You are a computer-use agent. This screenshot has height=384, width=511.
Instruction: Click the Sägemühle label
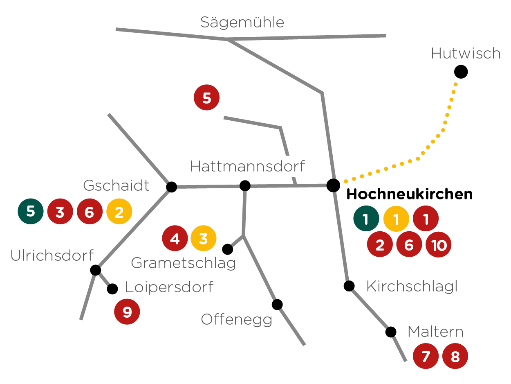pos(242,22)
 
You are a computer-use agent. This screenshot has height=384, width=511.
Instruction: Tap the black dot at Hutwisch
pos(461,72)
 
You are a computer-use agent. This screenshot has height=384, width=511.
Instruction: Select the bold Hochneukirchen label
pos(409,194)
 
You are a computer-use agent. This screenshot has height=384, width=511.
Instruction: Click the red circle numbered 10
pos(438,245)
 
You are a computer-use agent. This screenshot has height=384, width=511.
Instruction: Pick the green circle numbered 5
pos(31,211)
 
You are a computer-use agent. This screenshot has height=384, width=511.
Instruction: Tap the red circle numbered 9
pos(127,312)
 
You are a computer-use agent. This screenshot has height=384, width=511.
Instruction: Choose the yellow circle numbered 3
pos(203,238)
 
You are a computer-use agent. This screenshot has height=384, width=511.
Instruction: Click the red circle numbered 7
pos(426,357)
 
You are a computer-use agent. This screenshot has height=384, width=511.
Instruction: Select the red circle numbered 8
pos(455,357)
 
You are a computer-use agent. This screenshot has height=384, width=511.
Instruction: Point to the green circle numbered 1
pos(366,219)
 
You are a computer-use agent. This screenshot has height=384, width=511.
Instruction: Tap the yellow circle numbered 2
pos(119,212)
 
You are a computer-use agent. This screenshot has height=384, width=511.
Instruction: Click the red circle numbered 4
pos(175,238)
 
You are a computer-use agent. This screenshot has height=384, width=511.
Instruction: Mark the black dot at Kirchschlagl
pos(349,286)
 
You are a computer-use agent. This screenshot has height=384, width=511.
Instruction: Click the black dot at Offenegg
pos(277,304)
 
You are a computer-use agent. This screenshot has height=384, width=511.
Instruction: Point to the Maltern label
pos(435,332)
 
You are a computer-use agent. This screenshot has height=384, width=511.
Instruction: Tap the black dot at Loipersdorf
pos(112,289)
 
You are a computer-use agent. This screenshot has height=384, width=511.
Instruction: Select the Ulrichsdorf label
pos(52,255)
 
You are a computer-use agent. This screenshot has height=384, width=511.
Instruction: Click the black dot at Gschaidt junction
pos(172,187)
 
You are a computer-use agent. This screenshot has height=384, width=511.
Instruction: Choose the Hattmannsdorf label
pos(247,167)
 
